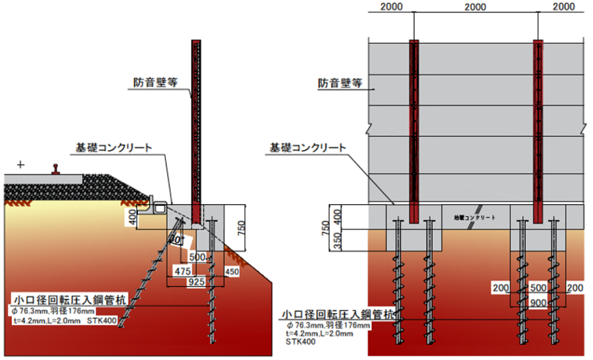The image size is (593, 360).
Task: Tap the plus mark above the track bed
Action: (x=21, y=165)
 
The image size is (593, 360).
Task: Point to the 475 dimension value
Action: (x=184, y=271)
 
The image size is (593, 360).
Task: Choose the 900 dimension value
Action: (x=539, y=302)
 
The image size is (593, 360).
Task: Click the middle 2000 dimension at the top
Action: (x=475, y=7)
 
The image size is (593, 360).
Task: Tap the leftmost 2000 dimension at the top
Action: (x=391, y=7)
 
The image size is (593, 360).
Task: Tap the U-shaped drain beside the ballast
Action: (x=160, y=208)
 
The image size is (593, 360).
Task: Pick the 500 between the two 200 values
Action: (x=539, y=288)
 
